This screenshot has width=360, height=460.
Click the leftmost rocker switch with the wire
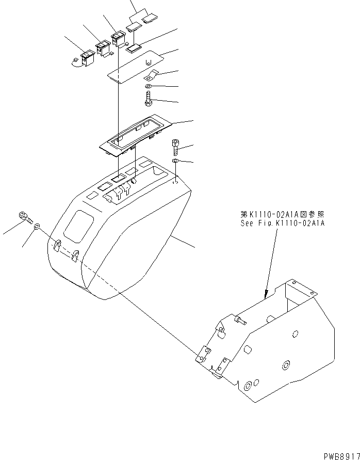pyautogui.click(x=86, y=58)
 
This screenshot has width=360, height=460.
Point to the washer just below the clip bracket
pyautogui.click(x=149, y=86)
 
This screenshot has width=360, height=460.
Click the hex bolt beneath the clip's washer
pyautogui.click(x=149, y=98)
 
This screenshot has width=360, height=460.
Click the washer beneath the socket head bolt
pyautogui.click(x=176, y=162)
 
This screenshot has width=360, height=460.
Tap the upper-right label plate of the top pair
pyautogui.click(x=150, y=19)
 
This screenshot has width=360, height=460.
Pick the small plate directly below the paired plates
pyautogui.click(x=135, y=49)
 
